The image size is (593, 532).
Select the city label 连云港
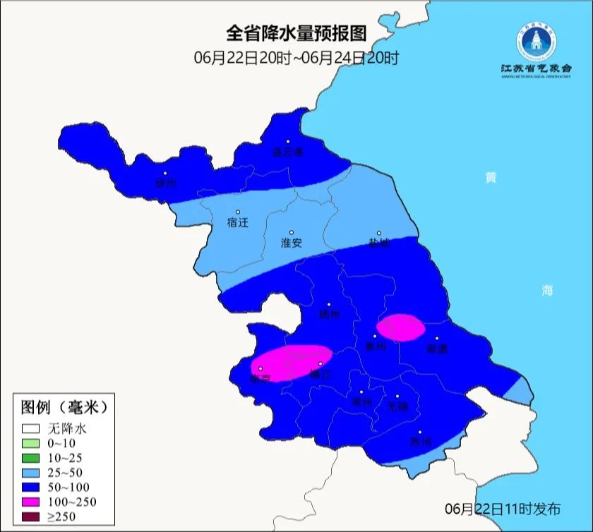pyautogui.click(x=288, y=152)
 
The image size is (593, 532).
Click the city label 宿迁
pyautogui.click(x=238, y=222)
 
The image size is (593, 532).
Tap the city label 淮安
pyautogui.click(x=292, y=243)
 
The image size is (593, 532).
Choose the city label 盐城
pyautogui.click(x=378, y=243)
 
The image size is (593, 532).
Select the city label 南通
pyautogui.click(x=437, y=349)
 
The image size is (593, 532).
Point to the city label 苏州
pyautogui.click(x=420, y=443)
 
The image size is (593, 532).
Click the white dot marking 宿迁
pyautogui.click(x=238, y=212)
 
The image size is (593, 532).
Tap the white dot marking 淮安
pyautogui.click(x=292, y=232)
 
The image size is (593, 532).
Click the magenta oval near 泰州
pyautogui.click(x=400, y=328)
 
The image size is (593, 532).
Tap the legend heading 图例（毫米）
pyautogui.click(x=64, y=408)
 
